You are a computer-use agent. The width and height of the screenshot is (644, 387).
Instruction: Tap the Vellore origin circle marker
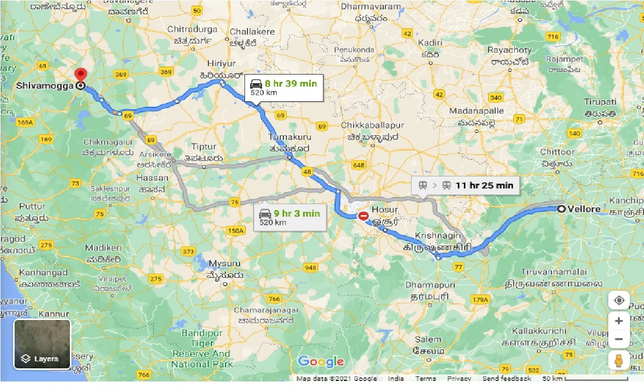(x=560, y=209)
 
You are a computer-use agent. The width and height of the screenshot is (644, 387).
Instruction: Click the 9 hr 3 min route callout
(x=289, y=217)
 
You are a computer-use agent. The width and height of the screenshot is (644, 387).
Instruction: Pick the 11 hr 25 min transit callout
(x=465, y=185)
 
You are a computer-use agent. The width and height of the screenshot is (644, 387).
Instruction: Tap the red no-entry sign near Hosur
(x=363, y=216)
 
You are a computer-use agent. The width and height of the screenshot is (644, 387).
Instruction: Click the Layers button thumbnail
(x=42, y=344)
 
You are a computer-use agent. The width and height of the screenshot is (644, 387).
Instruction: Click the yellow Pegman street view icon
(x=619, y=360)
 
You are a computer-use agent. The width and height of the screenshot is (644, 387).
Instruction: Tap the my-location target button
(x=619, y=301)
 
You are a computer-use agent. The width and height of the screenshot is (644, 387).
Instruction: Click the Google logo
(x=321, y=362)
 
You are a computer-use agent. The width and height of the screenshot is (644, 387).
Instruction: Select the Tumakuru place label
(x=290, y=137)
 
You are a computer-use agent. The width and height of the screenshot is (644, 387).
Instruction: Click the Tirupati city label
(x=600, y=102)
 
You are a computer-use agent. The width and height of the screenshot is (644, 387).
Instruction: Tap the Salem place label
(x=428, y=340)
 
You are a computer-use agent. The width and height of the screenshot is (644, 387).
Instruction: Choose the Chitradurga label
(x=192, y=29)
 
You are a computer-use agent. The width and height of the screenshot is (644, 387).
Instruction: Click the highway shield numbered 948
(x=310, y=267)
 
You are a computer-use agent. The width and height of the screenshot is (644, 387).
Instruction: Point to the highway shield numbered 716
(x=553, y=37)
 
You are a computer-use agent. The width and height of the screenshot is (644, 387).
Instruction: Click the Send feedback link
(x=506, y=378)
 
